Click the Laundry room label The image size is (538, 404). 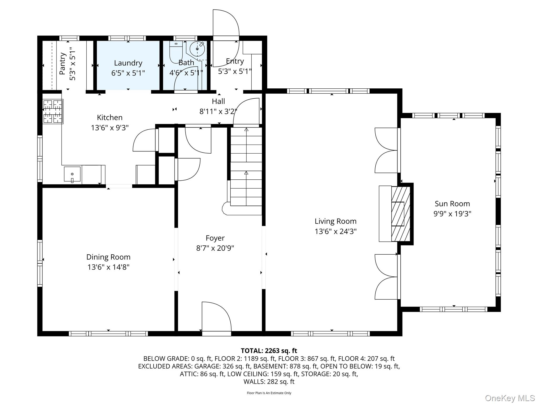128,63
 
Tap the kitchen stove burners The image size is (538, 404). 53,112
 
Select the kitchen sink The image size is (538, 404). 72,174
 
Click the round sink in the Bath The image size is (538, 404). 197,49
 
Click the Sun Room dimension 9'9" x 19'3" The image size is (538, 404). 452,214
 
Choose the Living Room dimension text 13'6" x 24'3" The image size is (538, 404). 335,231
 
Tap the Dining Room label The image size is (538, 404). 108,257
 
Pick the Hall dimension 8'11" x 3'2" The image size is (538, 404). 218,112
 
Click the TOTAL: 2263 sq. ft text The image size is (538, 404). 269,351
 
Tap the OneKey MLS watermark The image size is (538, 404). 510,398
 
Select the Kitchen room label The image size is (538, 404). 110,118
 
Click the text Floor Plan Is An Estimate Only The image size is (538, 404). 269,393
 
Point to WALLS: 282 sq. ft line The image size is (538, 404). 269,381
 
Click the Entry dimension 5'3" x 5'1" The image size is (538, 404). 235,72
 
